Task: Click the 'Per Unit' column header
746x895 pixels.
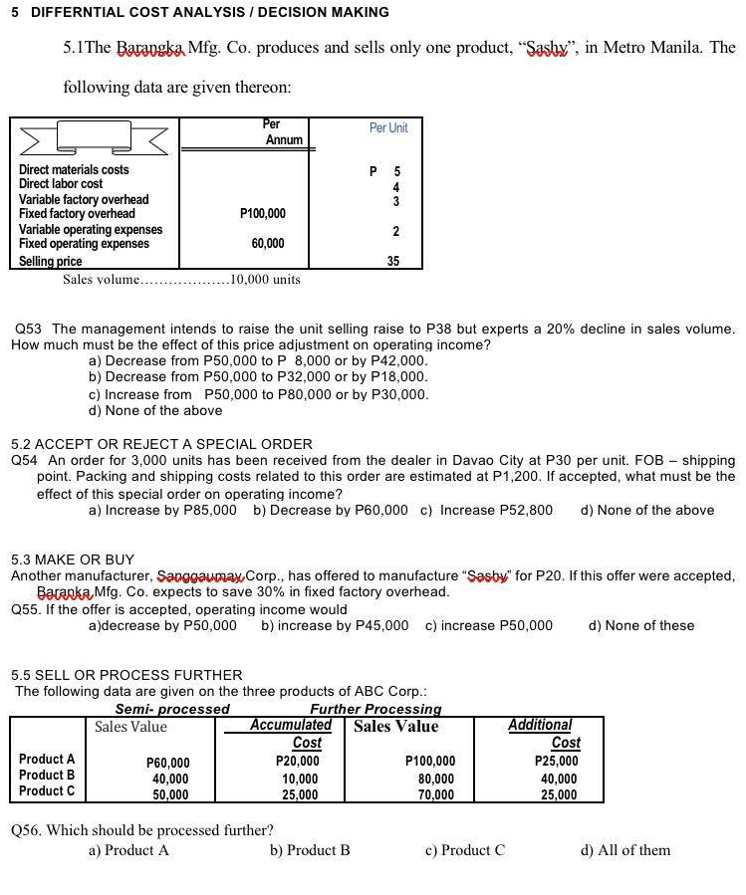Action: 388,127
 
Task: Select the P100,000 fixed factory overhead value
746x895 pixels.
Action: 263,214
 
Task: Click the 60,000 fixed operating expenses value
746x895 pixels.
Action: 268,244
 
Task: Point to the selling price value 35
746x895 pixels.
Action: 393,261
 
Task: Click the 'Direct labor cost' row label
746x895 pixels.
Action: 61,184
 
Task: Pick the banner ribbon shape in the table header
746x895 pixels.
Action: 96,136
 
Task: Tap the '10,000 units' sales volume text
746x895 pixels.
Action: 265,280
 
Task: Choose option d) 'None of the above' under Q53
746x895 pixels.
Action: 155,410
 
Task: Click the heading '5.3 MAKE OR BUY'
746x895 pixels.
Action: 72,559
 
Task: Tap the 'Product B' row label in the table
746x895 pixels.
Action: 47,775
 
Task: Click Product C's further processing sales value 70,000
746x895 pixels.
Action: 435,794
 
